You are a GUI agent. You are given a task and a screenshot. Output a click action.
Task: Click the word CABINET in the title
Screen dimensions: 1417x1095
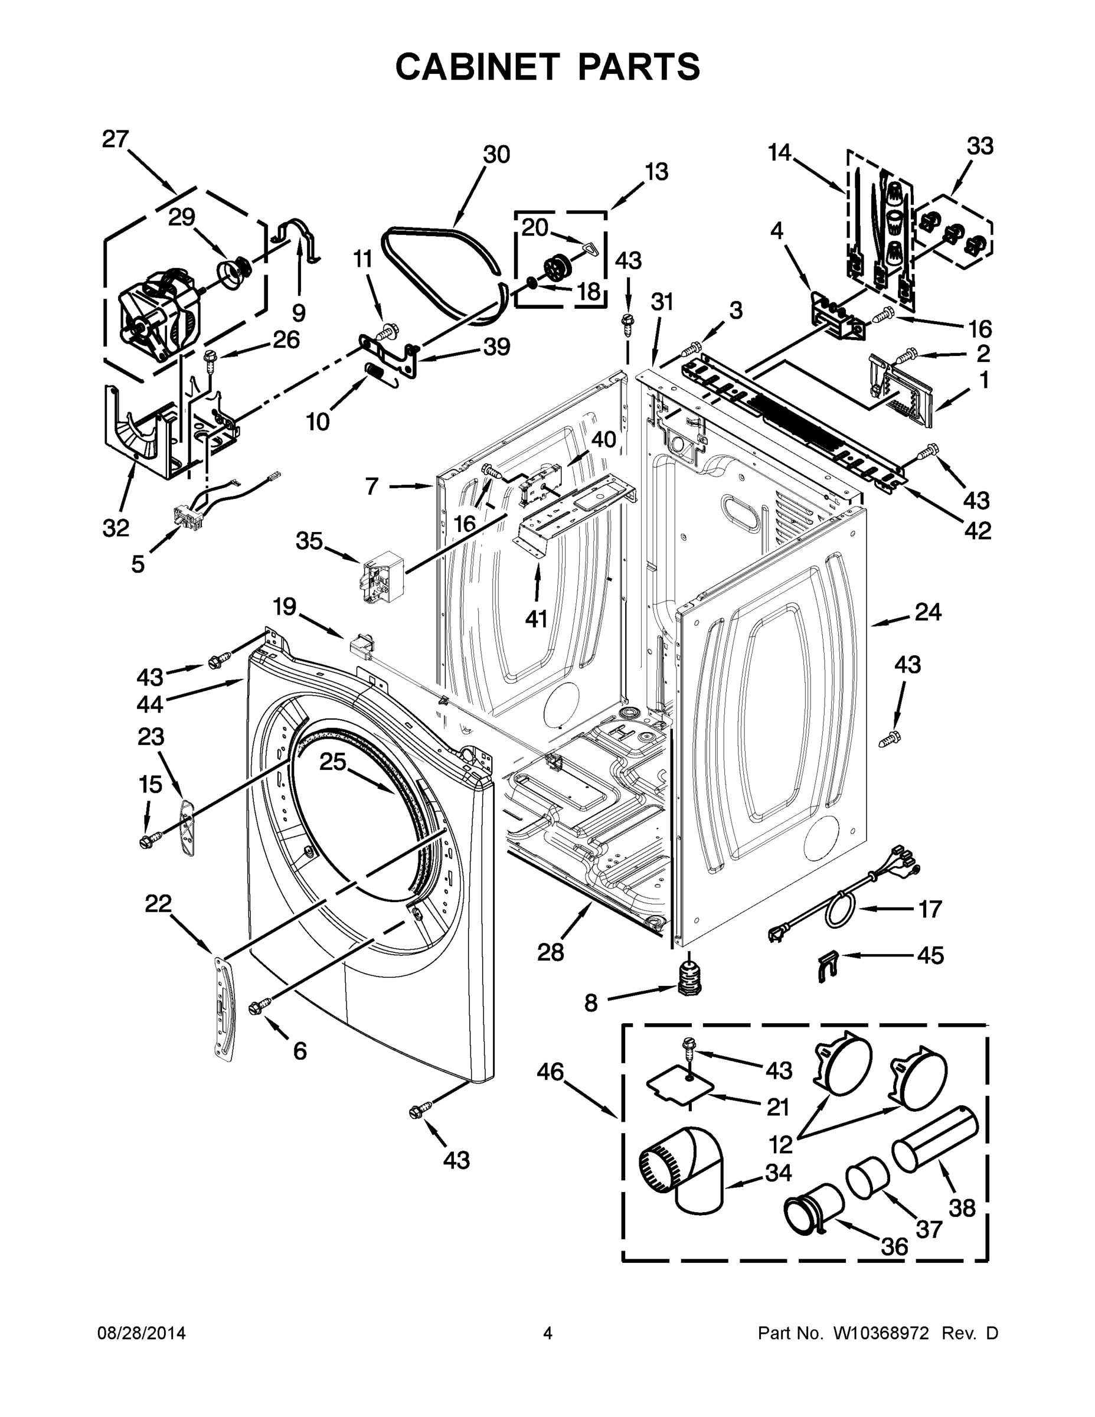point(478,66)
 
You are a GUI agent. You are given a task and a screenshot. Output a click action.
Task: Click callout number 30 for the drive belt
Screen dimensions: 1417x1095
point(496,155)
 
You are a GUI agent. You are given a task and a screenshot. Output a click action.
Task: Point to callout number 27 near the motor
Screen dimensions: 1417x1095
point(116,139)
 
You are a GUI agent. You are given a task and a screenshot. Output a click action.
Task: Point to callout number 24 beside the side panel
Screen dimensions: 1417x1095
point(927,612)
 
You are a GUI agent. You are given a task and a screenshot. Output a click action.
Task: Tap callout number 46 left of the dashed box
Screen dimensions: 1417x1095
point(550,1071)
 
